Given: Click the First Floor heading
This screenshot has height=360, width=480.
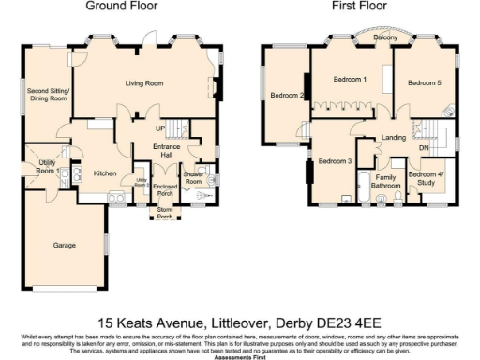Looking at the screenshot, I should coord(360,6).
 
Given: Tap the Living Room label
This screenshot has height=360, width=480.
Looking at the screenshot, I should coord(145,83).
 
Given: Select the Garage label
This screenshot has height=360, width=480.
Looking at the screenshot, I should coord(64,244).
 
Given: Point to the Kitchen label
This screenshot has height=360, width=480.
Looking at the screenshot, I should coord(104,172).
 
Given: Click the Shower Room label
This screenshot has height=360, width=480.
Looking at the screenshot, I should coord(194,177).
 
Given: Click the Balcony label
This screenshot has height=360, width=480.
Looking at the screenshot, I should coord(360,37).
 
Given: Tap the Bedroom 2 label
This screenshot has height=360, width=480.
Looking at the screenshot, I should coord(287,95).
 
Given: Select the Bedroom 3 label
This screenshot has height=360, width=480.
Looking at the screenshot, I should coord(335,161).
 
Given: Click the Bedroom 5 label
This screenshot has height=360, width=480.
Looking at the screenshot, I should coord(424,83).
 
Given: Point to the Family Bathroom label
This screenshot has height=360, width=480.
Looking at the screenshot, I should coord(386,180).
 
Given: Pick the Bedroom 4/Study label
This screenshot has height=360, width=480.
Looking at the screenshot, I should coord(427,178).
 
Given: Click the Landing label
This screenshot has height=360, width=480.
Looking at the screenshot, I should coord(394,139).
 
